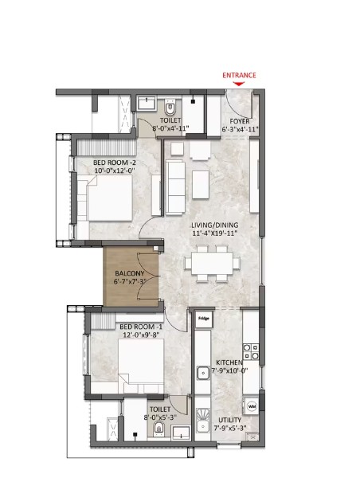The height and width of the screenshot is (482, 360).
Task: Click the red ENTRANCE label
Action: (239, 76)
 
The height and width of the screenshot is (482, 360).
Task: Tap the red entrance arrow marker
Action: (239, 84)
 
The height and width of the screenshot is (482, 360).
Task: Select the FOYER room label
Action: (240, 121)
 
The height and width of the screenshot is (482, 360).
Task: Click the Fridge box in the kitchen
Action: (204, 319)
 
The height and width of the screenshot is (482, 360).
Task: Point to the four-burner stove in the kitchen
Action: (251, 351)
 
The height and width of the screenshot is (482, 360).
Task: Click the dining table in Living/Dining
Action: (212, 263)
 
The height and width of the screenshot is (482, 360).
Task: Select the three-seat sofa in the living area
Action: (175, 187)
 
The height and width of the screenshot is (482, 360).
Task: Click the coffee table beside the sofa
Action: (201, 185)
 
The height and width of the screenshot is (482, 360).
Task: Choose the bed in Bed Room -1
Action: (141, 366)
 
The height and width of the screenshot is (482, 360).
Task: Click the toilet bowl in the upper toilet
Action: (170, 108)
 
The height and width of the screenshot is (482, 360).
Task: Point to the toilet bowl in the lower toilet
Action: (158, 429)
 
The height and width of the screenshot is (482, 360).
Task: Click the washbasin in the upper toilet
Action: (147, 103)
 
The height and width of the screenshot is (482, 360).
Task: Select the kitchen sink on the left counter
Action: (203, 373)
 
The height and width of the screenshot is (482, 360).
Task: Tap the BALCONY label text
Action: (130, 273)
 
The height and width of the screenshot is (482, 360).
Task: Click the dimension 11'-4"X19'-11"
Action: (215, 233)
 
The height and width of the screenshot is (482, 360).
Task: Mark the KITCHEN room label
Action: (229, 362)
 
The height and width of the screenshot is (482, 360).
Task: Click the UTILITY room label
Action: (230, 420)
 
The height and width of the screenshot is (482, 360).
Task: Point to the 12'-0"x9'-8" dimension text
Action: (140, 335)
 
